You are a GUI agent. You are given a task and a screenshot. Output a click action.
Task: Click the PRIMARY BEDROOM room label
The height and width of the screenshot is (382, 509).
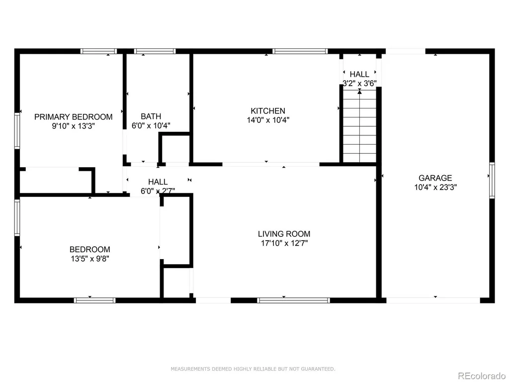point(74,117)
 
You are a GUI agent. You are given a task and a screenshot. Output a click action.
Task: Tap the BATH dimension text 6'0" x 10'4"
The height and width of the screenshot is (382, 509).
point(151,126)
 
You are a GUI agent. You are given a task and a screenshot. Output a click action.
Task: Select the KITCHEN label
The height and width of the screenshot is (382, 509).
point(268,111)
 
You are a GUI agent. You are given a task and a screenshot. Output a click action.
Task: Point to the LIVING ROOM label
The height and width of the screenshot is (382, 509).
point(284,234)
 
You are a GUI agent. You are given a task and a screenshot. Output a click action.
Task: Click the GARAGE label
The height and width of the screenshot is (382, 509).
point(435,178)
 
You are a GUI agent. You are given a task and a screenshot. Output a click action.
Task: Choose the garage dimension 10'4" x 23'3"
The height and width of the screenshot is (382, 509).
point(435,188)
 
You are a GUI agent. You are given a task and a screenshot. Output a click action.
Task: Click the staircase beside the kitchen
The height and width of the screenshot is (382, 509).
point(360,126)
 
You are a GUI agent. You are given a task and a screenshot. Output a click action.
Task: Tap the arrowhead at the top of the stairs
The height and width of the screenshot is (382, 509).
point(360,92)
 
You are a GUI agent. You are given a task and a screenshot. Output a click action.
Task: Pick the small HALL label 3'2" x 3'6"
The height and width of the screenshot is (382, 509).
point(360,79)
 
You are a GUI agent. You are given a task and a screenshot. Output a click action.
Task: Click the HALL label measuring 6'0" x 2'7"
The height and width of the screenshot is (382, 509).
point(158,187)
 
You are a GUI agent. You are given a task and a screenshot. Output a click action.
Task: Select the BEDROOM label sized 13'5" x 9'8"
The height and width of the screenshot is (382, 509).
point(90,254)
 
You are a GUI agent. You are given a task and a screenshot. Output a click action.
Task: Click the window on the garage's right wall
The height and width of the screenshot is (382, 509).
point(492,180)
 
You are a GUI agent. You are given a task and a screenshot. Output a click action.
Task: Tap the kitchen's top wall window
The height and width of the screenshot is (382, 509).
point(300,51)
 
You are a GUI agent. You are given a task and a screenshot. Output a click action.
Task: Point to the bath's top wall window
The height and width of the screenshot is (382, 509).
point(155,51)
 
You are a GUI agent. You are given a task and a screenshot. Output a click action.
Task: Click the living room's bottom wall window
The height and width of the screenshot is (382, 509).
point(293,300)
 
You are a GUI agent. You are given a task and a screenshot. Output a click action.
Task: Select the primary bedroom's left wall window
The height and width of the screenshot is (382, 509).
point(17,131)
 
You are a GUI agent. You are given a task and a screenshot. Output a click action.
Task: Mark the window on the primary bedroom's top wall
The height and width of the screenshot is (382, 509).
point(99,51)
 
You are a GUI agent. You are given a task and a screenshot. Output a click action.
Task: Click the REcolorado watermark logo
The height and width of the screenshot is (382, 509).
point(482,376)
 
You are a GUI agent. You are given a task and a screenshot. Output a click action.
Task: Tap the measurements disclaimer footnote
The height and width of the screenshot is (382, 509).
point(253,369)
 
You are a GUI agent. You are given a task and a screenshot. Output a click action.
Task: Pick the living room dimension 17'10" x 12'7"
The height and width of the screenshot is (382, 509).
point(284,243)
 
